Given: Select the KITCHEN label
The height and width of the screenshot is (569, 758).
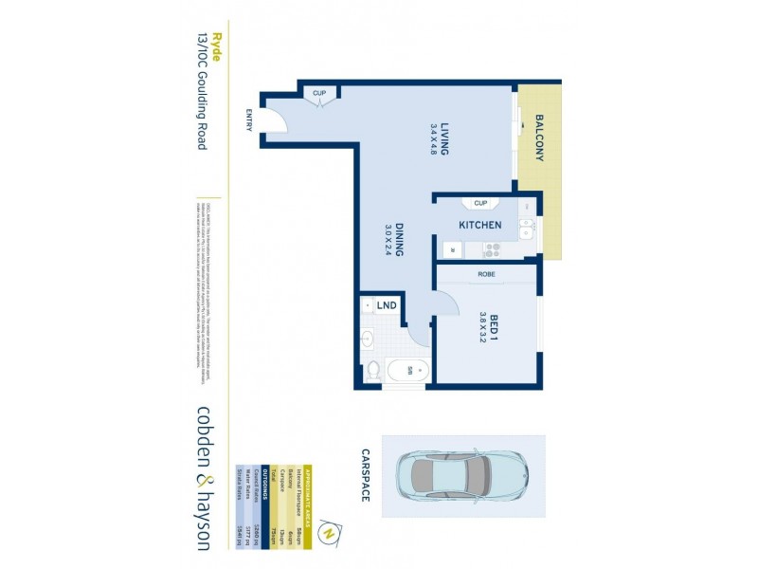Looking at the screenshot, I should pyautogui.click(x=479, y=226).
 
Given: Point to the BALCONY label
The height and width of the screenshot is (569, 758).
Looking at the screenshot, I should pyautogui.click(x=539, y=138).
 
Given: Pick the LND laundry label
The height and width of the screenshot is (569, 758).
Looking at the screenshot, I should pyautogui.click(x=387, y=305).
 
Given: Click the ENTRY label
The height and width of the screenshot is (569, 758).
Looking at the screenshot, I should pyautogui.click(x=249, y=119).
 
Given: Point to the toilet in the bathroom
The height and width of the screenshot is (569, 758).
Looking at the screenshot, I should pyautogui.click(x=373, y=369).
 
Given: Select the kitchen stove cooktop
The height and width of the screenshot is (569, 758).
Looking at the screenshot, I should pyautogui.click(x=492, y=250).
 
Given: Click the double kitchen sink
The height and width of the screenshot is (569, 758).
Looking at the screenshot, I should pyautogui.click(x=527, y=229).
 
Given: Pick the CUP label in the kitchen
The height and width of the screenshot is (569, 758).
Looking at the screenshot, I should pyautogui.click(x=479, y=203).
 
